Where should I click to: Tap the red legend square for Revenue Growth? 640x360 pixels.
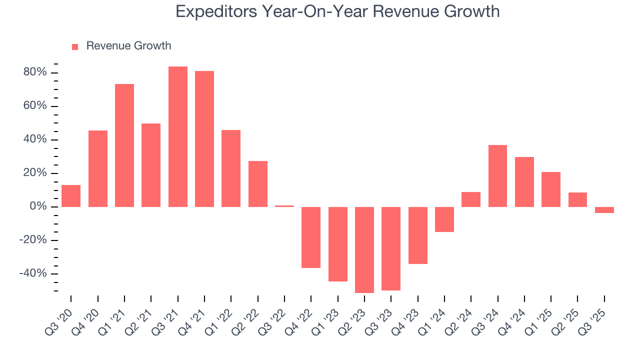75,46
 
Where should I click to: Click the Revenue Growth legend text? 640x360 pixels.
128,46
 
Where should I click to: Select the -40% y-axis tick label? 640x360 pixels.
33,273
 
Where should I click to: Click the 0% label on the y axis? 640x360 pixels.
38,206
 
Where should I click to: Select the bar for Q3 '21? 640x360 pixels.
177,136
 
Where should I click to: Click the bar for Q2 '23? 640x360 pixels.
364,249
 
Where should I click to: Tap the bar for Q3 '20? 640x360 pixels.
71,195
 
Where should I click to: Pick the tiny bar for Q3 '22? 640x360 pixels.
284,205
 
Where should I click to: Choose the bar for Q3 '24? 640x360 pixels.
497,175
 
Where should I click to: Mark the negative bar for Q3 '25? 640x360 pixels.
604,210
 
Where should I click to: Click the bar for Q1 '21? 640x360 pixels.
124,145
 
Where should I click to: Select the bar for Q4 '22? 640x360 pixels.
311,237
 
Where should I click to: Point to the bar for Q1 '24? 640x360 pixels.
444,219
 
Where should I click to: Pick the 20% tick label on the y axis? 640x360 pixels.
35,173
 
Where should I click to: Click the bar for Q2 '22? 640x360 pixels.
258,183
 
